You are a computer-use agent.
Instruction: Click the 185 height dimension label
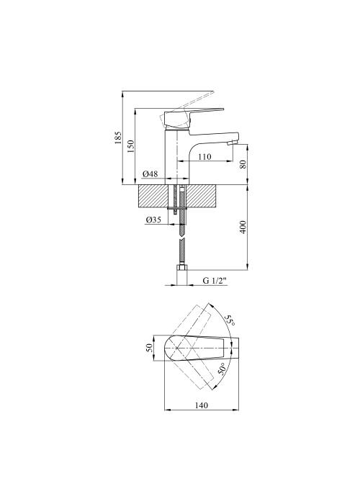pos(118,138)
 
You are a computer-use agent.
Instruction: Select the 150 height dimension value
pos(131,147)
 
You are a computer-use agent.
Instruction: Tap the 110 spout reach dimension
pos(204,157)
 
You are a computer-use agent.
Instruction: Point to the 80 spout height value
pos(243,164)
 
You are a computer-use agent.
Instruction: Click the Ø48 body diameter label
pos(150,174)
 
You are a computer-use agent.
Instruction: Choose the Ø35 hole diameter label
pos(153,220)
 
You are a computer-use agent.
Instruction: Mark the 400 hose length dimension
pos(243,227)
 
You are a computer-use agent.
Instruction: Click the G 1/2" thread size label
pos(215,280)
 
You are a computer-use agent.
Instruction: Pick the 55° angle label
pos(229,320)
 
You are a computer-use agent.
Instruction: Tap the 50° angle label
pos(222,369)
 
